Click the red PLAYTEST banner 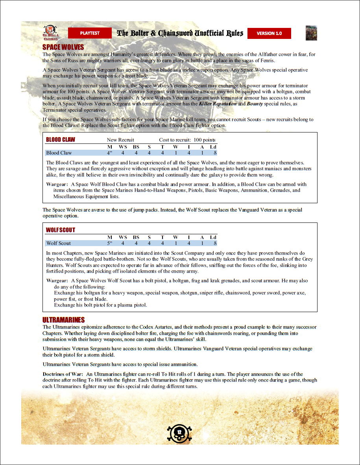[90, 33]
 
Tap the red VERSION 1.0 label [269, 33]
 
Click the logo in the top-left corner [50, 33]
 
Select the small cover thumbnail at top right [311, 33]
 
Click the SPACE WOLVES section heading [63, 48]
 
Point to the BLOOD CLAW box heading [61, 140]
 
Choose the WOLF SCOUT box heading [61, 230]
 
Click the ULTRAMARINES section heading [63, 320]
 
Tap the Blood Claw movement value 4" [110, 153]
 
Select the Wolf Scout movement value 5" [110, 243]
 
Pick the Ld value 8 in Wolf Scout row [215, 243]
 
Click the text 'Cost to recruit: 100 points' [187, 140]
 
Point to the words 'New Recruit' [120, 140]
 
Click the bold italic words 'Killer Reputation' [218, 104]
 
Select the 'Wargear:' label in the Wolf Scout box [57, 281]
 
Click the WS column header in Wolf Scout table [123, 237]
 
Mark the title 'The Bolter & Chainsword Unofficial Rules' [180, 33]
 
